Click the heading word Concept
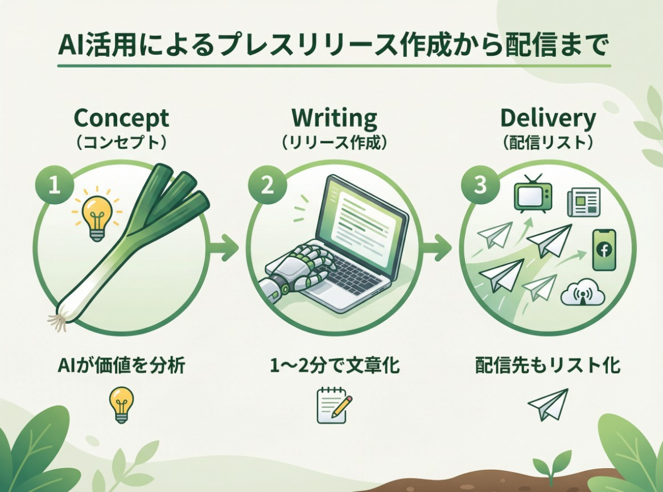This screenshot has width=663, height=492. tap(121, 118)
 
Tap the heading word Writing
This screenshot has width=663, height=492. tap(334, 118)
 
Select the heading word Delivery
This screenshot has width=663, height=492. tap(548, 118)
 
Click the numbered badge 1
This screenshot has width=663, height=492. tap(55, 185)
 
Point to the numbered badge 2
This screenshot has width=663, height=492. tap(267, 185)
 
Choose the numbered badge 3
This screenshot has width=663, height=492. tap(480, 185)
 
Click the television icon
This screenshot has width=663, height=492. tap(533, 195)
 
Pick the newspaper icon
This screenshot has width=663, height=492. tap(583, 202)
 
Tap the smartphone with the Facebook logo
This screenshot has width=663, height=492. tap(604, 250)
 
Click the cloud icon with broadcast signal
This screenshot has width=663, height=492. tap(583, 292)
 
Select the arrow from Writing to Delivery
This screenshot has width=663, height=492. tap(437, 247)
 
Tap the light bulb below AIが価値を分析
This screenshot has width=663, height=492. tap(121, 404)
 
